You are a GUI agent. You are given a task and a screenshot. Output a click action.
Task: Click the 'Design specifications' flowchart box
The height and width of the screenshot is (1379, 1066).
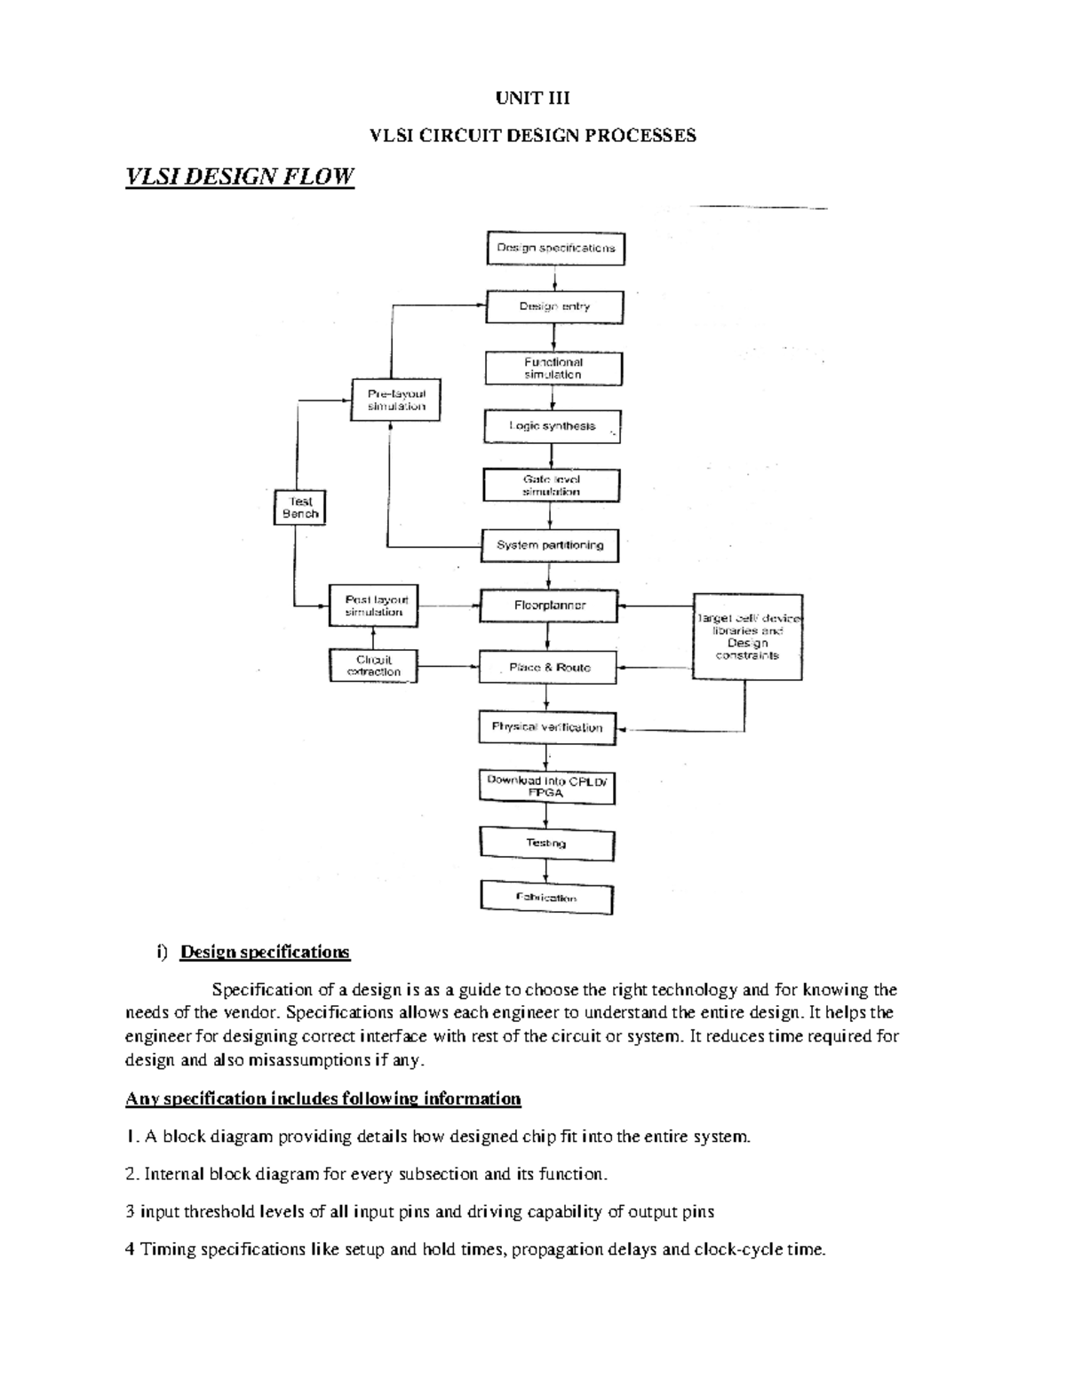point(555,248)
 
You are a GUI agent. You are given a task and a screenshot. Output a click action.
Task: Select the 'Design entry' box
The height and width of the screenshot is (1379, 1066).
point(554,307)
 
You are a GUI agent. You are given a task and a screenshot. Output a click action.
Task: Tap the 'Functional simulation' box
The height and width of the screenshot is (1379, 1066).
point(553,369)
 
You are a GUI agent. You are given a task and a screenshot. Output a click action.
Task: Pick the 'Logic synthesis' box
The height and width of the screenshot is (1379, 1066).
point(552,426)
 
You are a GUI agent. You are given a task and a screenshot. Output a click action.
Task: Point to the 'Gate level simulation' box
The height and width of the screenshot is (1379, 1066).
point(551,486)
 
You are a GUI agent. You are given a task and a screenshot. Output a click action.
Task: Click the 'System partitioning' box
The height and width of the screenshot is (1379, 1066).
point(550,545)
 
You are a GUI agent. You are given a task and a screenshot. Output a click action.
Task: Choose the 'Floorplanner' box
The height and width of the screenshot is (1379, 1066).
point(549,606)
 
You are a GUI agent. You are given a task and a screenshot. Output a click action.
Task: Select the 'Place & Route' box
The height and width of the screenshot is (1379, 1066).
point(548,667)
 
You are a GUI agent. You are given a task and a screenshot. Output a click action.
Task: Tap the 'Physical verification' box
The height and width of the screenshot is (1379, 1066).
point(547,727)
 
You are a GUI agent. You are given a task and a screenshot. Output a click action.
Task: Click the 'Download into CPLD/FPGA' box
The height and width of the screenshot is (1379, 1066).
point(546,787)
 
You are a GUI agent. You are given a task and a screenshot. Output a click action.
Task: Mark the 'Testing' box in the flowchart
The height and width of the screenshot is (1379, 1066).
point(546,844)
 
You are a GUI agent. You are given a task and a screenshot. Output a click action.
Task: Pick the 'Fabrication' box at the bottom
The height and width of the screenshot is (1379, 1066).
point(546,898)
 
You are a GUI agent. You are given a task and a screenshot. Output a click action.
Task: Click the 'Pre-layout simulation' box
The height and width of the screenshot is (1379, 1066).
point(396,400)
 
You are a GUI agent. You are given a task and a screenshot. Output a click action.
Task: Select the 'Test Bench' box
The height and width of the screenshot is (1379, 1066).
point(299,508)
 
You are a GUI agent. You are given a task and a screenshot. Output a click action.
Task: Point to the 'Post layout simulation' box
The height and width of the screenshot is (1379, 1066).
point(373,606)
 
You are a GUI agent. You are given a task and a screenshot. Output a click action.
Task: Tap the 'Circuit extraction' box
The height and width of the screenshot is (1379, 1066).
point(373,666)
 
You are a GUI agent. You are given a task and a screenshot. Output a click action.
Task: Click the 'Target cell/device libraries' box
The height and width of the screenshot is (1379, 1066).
point(747,637)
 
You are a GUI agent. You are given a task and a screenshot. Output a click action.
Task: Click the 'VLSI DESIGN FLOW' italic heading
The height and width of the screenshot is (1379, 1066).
point(240,177)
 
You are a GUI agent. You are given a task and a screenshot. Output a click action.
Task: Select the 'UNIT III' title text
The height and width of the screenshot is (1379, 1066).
point(532,98)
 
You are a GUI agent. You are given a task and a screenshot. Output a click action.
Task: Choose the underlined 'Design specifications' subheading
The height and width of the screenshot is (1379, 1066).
point(265,953)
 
